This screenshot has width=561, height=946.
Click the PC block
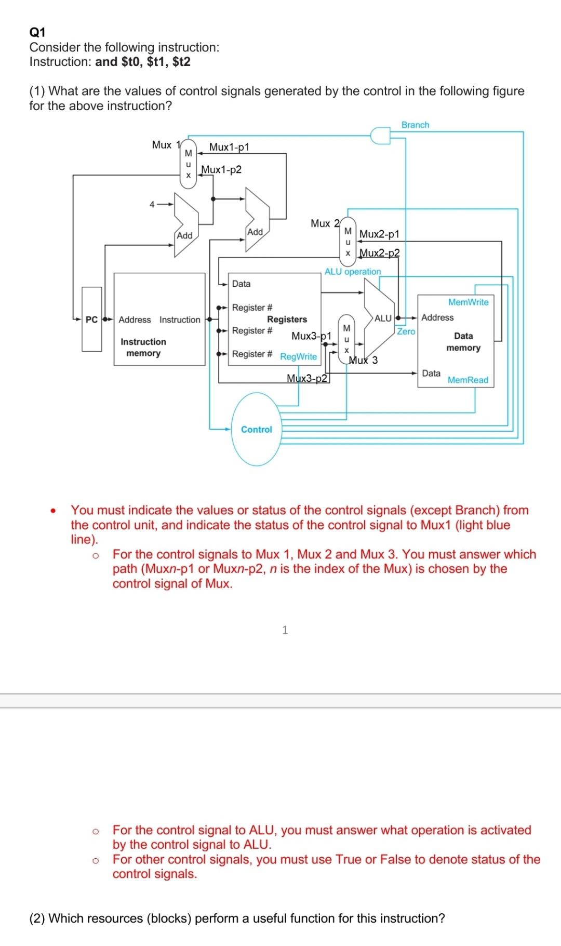(x=91, y=319)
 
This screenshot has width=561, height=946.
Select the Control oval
(x=257, y=430)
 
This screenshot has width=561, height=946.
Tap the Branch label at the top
(x=415, y=125)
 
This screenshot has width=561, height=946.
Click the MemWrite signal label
(x=468, y=302)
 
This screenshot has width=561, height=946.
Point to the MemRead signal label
(x=468, y=380)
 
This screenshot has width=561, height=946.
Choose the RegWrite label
(x=298, y=356)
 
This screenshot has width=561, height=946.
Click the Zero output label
(x=406, y=331)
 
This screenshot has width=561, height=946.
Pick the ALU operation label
(x=353, y=271)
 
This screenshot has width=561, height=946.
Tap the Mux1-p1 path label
(x=229, y=147)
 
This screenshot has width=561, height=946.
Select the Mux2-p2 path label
(x=380, y=253)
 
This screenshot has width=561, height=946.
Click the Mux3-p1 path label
(x=311, y=336)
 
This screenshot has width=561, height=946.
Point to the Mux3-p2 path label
(x=307, y=378)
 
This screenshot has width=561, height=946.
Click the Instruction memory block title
(x=143, y=347)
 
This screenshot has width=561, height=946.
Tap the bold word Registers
(x=287, y=319)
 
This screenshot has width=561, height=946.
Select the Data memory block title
(x=463, y=342)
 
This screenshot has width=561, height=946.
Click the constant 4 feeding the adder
(x=152, y=204)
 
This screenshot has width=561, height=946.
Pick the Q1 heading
(x=37, y=32)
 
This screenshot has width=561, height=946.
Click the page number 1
(x=285, y=630)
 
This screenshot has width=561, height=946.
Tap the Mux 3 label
(x=364, y=360)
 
